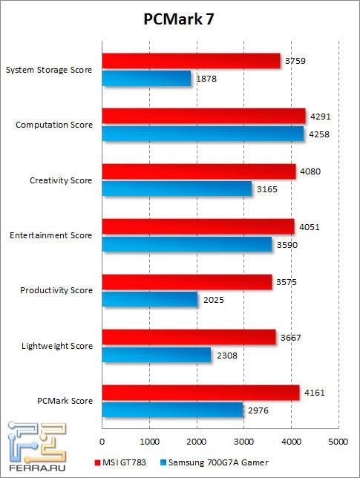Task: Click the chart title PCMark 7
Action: [x=180, y=21]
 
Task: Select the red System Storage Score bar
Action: [x=191, y=61]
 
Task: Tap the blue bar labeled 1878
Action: [x=146, y=78]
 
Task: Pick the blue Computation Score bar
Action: [x=203, y=134]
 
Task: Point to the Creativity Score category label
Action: [x=62, y=180]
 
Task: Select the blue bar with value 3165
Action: [x=177, y=189]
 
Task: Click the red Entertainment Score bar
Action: [x=197, y=226]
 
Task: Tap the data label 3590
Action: [x=285, y=243]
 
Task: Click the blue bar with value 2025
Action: [x=149, y=299]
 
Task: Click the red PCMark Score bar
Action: [x=200, y=392]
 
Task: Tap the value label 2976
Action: [x=256, y=409]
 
